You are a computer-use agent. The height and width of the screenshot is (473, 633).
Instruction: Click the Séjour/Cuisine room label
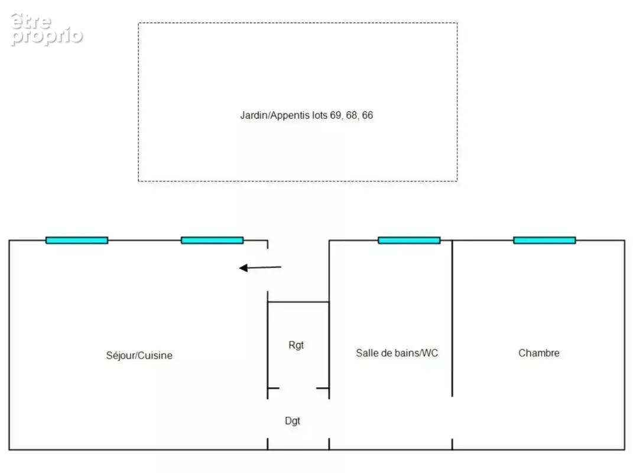pos(139,355)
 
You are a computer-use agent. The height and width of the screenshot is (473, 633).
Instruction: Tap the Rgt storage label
pos(296,345)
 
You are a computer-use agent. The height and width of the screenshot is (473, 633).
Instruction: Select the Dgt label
pos(293,421)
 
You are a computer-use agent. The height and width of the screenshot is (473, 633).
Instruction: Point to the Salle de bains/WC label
pos(397,353)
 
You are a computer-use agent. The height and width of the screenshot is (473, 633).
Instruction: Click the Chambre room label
pos(539,353)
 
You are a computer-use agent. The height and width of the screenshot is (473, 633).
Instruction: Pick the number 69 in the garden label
pos(336,115)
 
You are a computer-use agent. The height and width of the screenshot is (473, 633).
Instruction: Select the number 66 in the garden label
pos(368,115)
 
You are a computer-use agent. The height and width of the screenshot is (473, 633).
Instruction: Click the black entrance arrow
pos(260,267)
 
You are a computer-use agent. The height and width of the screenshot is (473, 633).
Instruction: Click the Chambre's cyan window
pos(544,240)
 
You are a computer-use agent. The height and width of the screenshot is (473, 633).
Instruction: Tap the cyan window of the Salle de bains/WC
pos(409,240)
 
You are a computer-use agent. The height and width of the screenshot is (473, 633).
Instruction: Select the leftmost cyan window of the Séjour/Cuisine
pos(77,240)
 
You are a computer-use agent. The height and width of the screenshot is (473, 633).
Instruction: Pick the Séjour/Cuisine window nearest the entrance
pos(212,240)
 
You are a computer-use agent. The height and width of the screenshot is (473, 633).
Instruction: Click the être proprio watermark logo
pos(47,29)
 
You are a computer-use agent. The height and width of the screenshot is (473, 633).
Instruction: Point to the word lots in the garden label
pos(320,115)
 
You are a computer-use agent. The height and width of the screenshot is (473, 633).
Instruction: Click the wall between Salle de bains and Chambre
pos(452,318)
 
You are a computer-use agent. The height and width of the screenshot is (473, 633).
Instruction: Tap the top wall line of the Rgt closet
pos(298,302)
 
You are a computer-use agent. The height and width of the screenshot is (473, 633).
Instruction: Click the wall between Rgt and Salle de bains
pos(329,350)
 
